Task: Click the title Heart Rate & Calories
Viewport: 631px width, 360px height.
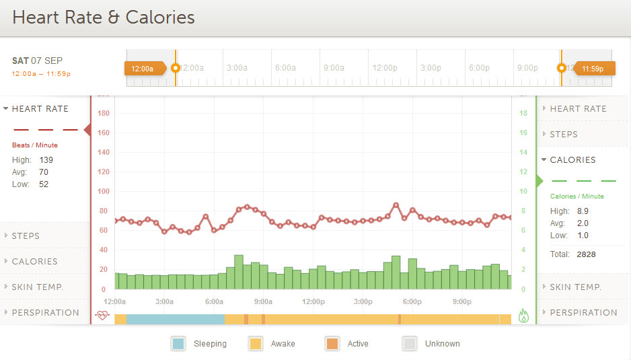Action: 104,17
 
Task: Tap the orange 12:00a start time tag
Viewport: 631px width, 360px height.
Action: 143,68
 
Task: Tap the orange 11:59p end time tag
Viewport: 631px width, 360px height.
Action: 593,68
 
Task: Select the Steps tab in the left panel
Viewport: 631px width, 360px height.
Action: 26,236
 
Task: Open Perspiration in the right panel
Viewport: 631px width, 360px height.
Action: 583,313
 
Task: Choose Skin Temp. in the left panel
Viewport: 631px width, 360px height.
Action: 37,287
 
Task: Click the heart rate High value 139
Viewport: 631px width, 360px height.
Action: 46,160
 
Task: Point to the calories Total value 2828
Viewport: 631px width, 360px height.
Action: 586,254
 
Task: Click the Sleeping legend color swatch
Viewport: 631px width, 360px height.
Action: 178,343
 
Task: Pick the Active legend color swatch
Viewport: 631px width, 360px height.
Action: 332,343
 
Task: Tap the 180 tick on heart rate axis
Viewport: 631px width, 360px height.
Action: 104,113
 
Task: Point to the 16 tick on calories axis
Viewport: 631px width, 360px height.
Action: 523,133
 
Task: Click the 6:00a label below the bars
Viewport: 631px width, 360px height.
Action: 214,301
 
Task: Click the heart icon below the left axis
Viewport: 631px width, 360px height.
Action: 102,315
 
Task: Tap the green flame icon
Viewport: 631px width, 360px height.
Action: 523,315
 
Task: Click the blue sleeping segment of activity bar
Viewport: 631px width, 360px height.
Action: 175,319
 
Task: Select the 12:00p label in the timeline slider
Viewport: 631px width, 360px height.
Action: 385,68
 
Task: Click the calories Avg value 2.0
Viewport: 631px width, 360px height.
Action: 583,223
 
